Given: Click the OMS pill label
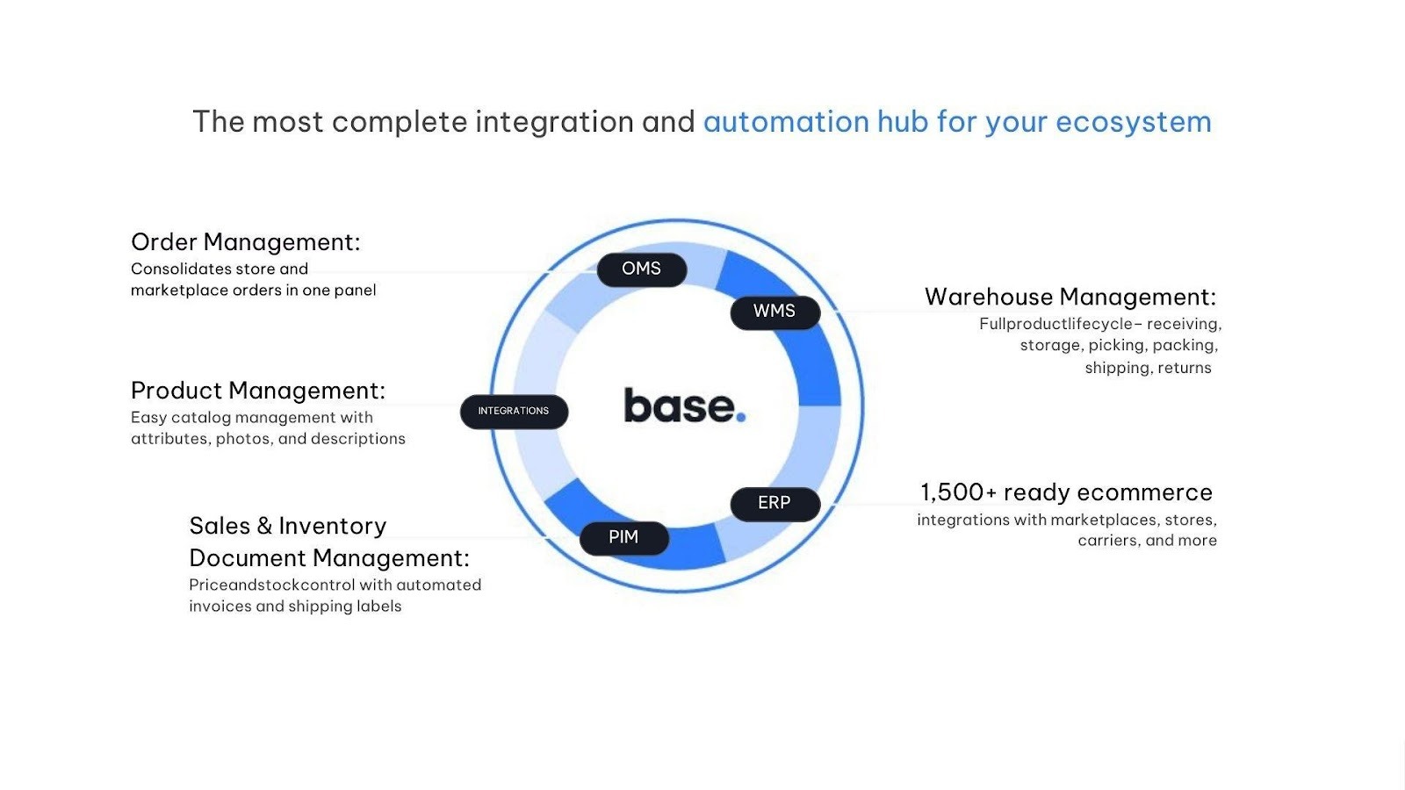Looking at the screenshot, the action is (x=641, y=269).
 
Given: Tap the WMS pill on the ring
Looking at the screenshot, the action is (x=775, y=312).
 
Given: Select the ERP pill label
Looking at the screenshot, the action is (x=775, y=503).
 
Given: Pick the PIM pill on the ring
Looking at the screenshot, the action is (x=623, y=537).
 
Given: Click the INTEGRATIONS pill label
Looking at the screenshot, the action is (x=514, y=411).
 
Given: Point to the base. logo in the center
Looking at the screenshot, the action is (x=684, y=406).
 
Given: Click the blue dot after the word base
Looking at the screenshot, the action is (x=741, y=417).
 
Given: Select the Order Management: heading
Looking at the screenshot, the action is (x=245, y=242).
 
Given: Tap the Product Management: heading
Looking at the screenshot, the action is (x=257, y=391).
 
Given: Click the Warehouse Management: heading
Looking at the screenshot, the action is (x=1070, y=298).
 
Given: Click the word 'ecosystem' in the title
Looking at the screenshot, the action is (x=1133, y=122).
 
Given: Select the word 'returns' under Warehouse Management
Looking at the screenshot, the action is (x=1184, y=368).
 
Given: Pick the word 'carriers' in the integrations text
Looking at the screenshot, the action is (x=1107, y=541).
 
